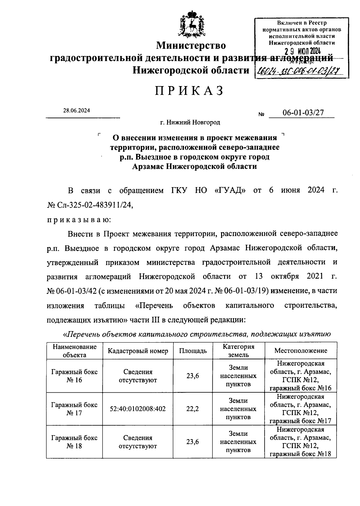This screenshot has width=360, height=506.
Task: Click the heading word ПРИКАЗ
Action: click(x=189, y=91)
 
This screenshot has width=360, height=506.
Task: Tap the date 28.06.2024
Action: click(x=76, y=110)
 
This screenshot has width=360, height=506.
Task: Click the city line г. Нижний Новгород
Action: click(x=190, y=122)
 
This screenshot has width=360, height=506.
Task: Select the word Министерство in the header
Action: click(x=191, y=45)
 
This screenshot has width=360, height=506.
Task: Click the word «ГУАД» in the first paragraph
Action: click(x=230, y=191)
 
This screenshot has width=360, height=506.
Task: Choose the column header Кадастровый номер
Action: click(x=138, y=351)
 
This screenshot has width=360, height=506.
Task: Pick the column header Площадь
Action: click(x=193, y=351)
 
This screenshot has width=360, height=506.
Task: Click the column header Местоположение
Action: click(x=301, y=351)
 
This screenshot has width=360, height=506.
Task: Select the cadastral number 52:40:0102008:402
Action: click(x=138, y=409)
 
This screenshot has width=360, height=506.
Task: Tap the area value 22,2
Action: click(x=193, y=409)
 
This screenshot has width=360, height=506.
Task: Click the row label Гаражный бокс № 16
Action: click(x=74, y=376)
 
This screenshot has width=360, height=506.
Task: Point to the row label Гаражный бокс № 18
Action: click(x=74, y=442)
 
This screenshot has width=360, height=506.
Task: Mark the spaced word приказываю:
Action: click(x=79, y=219)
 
